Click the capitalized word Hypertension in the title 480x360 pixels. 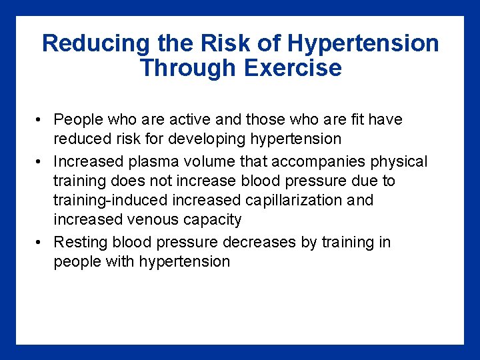click(x=363, y=44)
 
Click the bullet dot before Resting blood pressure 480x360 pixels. click(x=40, y=242)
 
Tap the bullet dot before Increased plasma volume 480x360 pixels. click(x=40, y=161)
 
